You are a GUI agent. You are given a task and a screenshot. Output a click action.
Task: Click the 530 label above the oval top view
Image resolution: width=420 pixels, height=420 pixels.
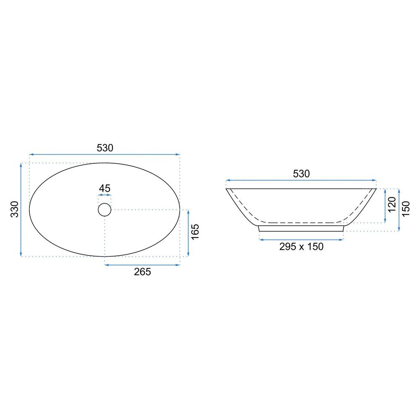pyautogui.click(x=105, y=148)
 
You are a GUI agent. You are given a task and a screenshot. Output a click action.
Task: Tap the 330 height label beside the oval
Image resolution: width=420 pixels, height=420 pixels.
pyautogui.click(x=15, y=209)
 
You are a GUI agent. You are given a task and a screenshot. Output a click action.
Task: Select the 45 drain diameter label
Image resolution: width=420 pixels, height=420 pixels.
pyautogui.click(x=105, y=188)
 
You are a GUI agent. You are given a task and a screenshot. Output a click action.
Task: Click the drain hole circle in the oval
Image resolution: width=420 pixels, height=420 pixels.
pyautogui.click(x=105, y=210)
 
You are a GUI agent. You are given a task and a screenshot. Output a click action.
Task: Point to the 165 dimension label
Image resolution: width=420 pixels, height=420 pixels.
pyautogui.click(x=195, y=232)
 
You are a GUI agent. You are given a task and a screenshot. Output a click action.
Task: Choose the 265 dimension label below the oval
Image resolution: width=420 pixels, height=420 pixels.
pyautogui.click(x=142, y=272)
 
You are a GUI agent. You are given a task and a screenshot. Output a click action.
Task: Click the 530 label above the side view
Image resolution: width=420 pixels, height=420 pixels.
pyautogui.click(x=301, y=174)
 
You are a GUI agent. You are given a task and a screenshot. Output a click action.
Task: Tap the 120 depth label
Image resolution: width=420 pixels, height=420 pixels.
pyautogui.click(x=392, y=205)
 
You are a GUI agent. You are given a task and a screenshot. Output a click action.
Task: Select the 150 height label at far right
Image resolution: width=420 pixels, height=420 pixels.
pyautogui.click(x=406, y=209)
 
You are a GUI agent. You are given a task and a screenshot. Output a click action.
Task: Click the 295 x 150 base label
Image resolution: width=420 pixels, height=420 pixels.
pyautogui.click(x=301, y=247)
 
